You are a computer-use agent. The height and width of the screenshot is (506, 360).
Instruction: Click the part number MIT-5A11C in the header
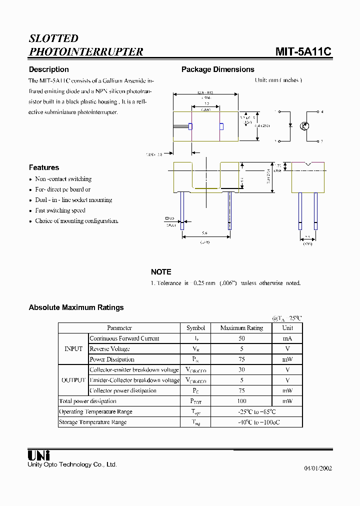[x=303, y=51]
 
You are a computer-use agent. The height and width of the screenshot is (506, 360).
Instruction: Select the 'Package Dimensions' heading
[x=217, y=69]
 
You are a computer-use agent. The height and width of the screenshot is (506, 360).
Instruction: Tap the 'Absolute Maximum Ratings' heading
[x=76, y=307]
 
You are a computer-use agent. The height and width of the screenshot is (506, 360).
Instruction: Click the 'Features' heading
[x=44, y=167]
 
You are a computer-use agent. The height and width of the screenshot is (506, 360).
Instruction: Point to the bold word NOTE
[x=161, y=272]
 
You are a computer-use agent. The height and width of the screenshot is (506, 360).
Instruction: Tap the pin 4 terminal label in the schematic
[x=322, y=112]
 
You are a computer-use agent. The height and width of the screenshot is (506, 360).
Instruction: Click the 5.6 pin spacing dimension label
[x=204, y=233]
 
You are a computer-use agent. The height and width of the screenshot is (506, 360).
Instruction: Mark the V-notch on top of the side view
[x=308, y=163]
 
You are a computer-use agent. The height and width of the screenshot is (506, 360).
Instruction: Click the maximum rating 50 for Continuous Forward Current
[x=241, y=338]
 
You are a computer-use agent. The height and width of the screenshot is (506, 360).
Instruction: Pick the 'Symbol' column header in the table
[x=195, y=328]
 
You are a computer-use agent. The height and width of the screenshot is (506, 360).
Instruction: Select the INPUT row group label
[x=73, y=349]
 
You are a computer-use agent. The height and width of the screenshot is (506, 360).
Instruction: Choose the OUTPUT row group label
[x=73, y=380]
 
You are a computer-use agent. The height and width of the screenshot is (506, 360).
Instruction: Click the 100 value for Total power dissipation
[x=241, y=401]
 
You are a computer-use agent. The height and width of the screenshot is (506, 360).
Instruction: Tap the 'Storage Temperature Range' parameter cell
[x=93, y=422]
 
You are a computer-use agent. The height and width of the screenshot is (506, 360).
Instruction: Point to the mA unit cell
[x=287, y=338]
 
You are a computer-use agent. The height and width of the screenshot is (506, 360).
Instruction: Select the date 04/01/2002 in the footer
[x=318, y=468]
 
